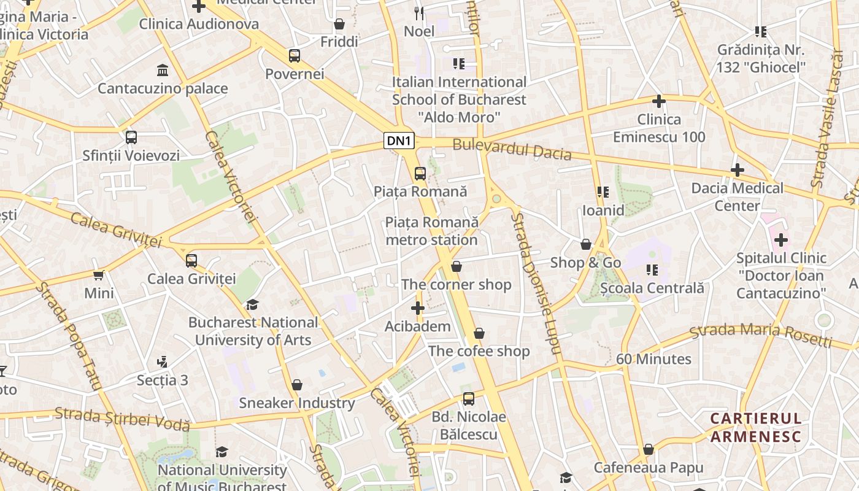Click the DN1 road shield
[399, 141]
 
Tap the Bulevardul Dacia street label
[512, 150]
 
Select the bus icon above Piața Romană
[420, 173]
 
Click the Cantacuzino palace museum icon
[163, 70]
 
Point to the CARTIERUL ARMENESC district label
[756, 428]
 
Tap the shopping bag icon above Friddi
[339, 24]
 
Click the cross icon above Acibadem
[418, 308]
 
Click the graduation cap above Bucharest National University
[252, 304]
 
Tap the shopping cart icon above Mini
[99, 275]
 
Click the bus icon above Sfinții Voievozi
[131, 137]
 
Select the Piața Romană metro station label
[431, 231]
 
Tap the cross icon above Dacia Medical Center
[738, 170]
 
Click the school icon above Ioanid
[603, 192]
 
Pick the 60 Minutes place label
[653, 359]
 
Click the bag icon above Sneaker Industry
[297, 385]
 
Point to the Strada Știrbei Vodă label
[122, 419]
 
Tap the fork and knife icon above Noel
[419, 13]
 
